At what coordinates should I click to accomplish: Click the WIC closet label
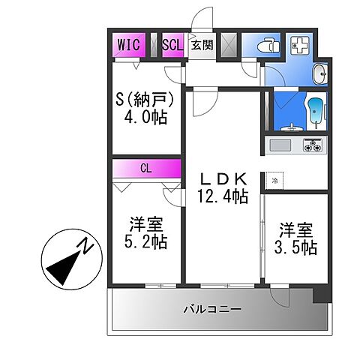coord(127,44)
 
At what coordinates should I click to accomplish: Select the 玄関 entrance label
coord(201,45)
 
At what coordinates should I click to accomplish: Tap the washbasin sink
coord(321,73)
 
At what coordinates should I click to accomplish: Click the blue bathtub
coord(316,112)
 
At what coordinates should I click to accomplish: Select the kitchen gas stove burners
coord(312,143)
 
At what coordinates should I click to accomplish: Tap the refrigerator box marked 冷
coord(274,181)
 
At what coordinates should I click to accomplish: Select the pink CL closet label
coord(146,169)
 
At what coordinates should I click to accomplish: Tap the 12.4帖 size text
coord(223,197)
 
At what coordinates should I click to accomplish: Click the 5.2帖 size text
coord(146,241)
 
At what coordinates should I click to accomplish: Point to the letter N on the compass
coord(88,245)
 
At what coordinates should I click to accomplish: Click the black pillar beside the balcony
coord(321,295)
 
